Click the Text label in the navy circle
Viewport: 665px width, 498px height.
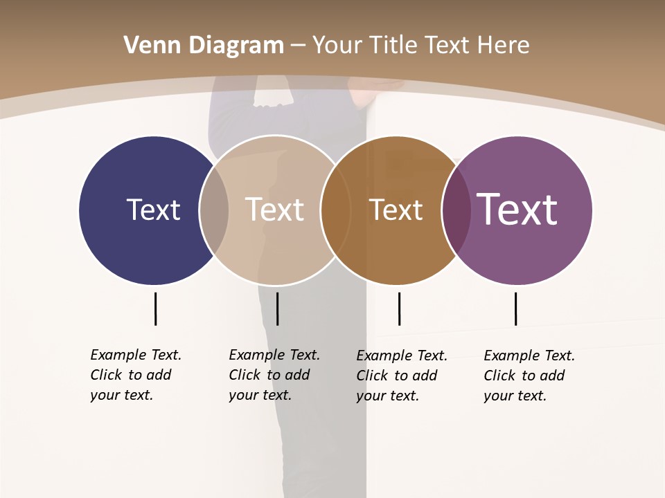153,210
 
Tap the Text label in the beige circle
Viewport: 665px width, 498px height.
274,210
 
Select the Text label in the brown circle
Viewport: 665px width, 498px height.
396,210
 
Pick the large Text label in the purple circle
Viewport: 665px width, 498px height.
517,210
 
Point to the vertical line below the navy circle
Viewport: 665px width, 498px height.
155,308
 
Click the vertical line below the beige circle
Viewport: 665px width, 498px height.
277,308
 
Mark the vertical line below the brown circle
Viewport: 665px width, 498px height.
399,308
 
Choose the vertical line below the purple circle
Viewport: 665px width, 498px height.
515,308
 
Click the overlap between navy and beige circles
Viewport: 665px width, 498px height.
214,210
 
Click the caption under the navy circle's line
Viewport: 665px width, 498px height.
135,375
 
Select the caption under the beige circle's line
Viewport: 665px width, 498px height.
274,375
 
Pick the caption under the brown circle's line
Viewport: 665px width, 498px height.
401,376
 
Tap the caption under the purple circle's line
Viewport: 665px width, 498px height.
529,376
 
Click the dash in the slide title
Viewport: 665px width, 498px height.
298,46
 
